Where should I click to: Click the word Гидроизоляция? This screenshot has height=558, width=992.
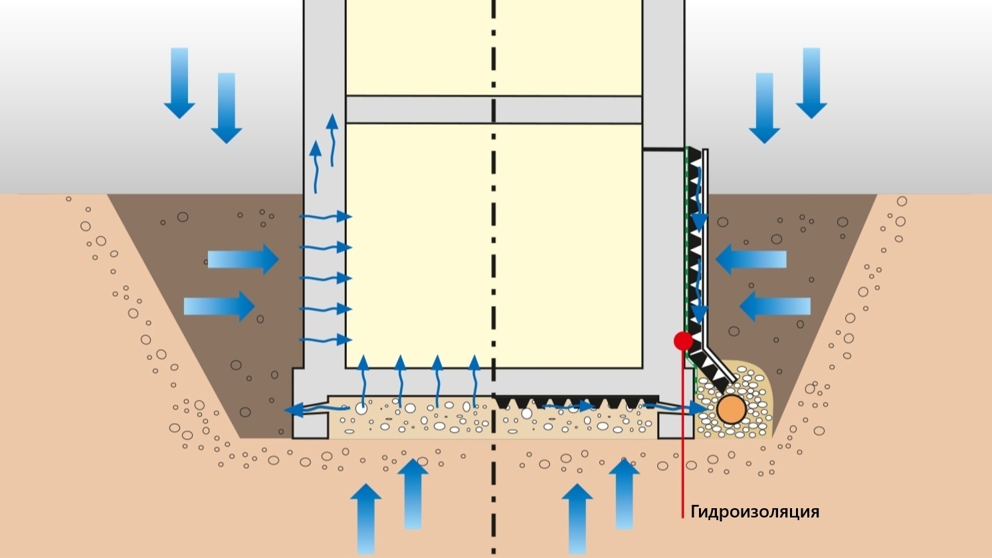point(755,512)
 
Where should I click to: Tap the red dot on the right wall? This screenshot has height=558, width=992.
point(683,341)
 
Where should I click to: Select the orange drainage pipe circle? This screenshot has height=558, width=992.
point(732,409)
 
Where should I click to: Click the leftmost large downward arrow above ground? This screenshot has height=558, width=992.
point(179,83)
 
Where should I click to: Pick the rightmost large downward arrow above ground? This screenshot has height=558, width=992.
point(811,83)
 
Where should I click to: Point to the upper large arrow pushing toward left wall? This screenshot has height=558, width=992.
point(243,259)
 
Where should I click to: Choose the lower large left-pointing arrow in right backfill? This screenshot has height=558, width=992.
point(775,306)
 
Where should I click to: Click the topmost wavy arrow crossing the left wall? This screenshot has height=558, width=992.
point(326,217)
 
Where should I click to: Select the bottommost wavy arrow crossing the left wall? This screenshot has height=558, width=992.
point(326,339)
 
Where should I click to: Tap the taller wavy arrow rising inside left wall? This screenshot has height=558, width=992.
point(332,140)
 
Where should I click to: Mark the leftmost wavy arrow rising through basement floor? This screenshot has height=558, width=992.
point(363,381)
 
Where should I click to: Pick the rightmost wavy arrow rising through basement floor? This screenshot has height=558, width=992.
point(474,381)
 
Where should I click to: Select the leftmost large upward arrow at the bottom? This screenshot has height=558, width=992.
point(366,518)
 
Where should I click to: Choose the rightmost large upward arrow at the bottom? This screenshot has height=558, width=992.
point(624,494)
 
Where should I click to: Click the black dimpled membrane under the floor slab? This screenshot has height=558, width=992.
point(576,401)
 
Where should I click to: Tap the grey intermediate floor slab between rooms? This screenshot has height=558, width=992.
point(494,110)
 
